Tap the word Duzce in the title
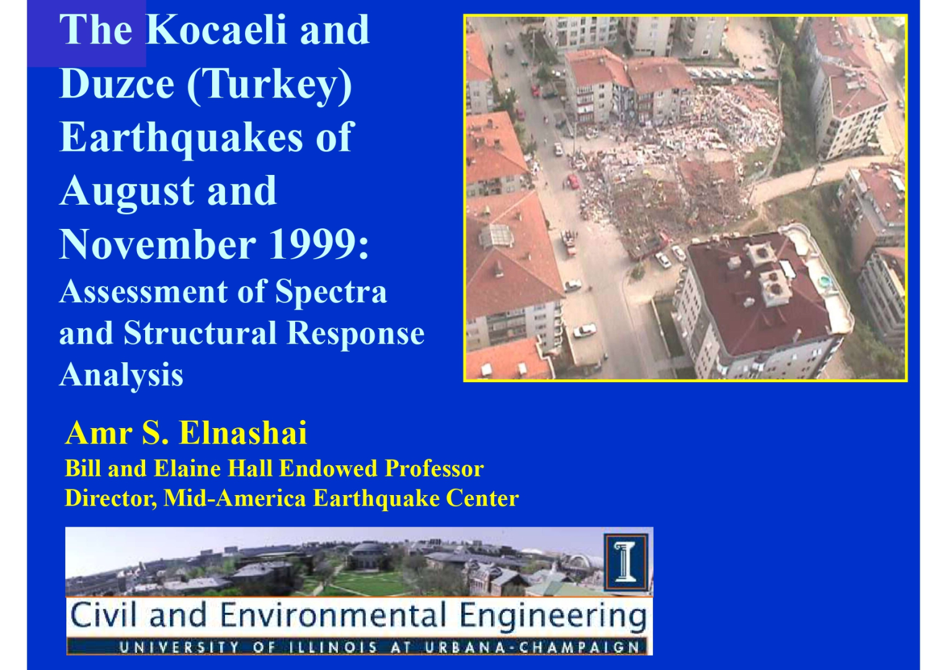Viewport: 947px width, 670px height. [x=117, y=83]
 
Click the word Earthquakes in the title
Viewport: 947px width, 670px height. [x=182, y=138]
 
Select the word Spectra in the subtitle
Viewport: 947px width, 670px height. [x=331, y=293]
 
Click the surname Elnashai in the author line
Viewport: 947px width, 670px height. [x=243, y=433]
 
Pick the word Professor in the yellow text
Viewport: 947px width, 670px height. [x=434, y=468]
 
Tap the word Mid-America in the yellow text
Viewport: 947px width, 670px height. [x=234, y=498]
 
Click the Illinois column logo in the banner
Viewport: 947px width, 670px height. [x=626, y=562]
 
